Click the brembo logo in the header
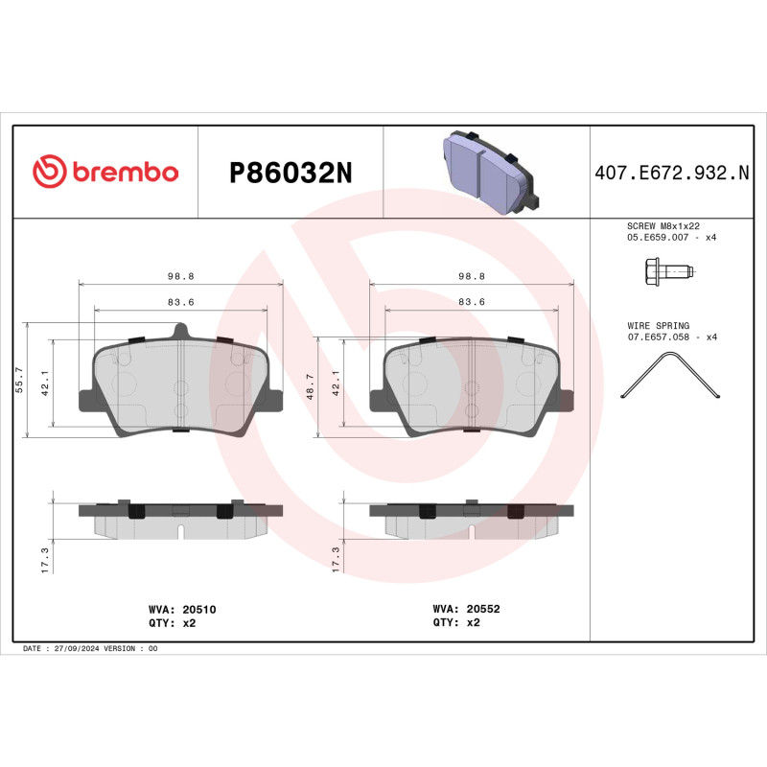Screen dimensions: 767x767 pyautogui.click(x=105, y=172)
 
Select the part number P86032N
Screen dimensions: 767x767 pyautogui.click(x=291, y=173)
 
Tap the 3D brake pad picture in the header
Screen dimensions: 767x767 pyautogui.click(x=487, y=172)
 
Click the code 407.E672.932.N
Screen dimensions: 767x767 pyautogui.click(x=671, y=173)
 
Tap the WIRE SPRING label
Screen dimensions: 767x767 pyautogui.click(x=658, y=326)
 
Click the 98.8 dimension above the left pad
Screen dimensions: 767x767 pyautogui.click(x=180, y=276)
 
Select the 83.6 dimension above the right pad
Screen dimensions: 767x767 pyautogui.click(x=471, y=302)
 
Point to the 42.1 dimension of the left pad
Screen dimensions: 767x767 pyautogui.click(x=42, y=383)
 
